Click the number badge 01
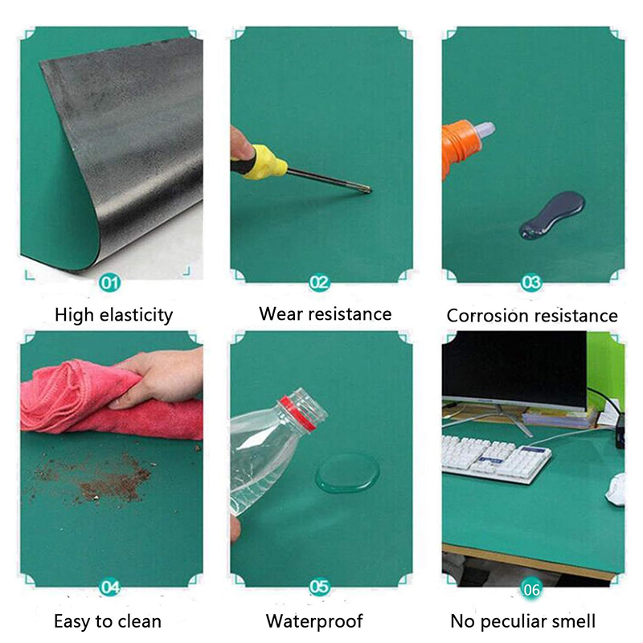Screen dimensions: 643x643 click(x=109, y=283)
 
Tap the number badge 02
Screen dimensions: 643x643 click(x=319, y=283)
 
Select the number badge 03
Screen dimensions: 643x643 click(x=531, y=283)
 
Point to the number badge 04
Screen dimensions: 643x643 click(x=109, y=588)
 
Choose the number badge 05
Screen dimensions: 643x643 click(x=319, y=588)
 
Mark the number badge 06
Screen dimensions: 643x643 click(x=531, y=590)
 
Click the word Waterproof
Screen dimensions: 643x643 click(x=314, y=621)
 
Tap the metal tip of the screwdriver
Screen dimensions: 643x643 click(x=367, y=189)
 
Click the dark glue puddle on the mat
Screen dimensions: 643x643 click(x=552, y=215)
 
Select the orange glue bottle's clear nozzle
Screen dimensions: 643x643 click(x=485, y=131)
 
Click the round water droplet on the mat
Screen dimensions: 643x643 click(x=347, y=473)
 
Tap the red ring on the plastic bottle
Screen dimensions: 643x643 click(x=299, y=413)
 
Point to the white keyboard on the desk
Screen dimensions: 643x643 click(x=496, y=458)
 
